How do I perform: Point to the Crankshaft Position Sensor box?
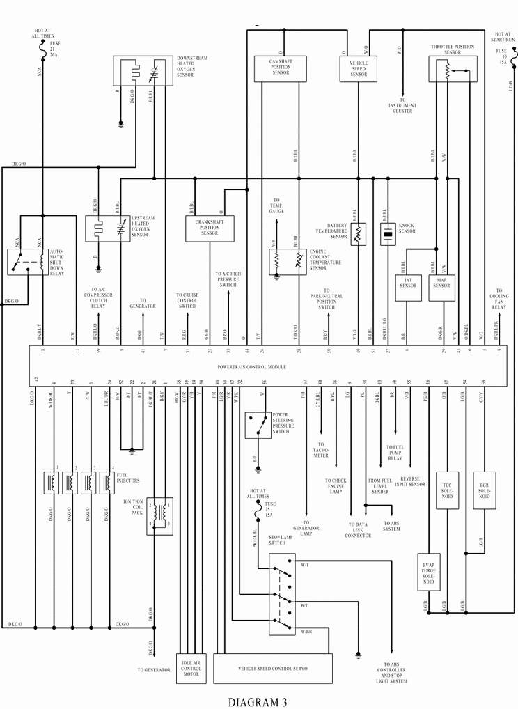[210, 229]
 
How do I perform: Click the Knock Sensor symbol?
[387, 234]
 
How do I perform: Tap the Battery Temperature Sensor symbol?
[358, 234]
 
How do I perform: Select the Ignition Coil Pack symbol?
[159, 516]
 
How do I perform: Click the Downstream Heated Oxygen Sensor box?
[143, 72]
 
